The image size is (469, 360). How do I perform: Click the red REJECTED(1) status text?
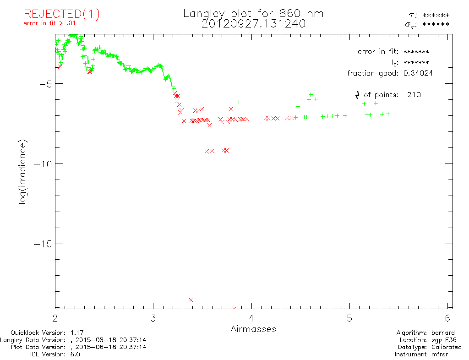coord(62,14)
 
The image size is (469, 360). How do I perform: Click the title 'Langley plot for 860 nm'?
coord(253,13)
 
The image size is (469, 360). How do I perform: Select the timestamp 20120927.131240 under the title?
coord(253,24)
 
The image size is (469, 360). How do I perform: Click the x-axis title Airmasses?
coord(253,329)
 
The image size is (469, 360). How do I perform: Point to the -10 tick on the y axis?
coord(44,164)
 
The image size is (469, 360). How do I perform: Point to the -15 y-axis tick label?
coord(44,244)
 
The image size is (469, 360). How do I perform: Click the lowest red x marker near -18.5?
coord(191,300)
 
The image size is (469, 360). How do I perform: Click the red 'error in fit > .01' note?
coord(52,23)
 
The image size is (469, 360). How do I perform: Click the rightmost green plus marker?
coord(388,114)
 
